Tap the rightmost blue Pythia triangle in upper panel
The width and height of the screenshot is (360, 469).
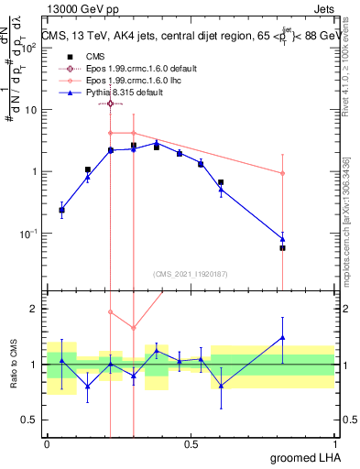(282, 239)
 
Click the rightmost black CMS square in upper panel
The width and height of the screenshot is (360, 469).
(282, 247)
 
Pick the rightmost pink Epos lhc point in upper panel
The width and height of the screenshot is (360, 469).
(282, 173)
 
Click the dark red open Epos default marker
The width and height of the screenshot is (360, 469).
(110, 104)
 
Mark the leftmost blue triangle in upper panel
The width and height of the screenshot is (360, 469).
(61, 211)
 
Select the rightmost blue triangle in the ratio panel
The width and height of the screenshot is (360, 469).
(282, 337)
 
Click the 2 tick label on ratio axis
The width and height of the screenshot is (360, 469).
(34, 309)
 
